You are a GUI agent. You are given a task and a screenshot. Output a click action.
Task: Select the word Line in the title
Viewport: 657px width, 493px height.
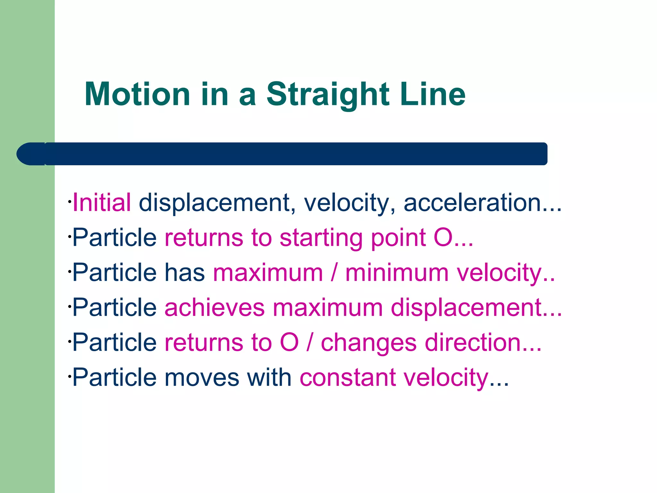click(x=433, y=94)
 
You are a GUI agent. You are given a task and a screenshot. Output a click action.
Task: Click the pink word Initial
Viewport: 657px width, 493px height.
click(x=102, y=203)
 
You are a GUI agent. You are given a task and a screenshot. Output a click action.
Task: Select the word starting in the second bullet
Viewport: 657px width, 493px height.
click(x=321, y=238)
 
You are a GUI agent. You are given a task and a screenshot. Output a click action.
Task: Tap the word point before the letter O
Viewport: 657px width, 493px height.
click(x=398, y=238)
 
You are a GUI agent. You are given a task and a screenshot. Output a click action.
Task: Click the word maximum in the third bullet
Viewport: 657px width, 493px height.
click(x=268, y=273)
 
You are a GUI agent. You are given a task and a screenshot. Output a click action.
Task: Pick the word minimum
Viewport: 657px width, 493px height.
click(x=397, y=273)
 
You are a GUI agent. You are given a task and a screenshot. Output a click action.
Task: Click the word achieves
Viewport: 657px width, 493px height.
click(x=215, y=307)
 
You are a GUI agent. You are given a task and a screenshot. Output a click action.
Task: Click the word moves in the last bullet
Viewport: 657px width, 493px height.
click(x=202, y=377)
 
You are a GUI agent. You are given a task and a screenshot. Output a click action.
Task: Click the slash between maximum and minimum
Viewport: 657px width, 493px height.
click(x=334, y=273)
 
